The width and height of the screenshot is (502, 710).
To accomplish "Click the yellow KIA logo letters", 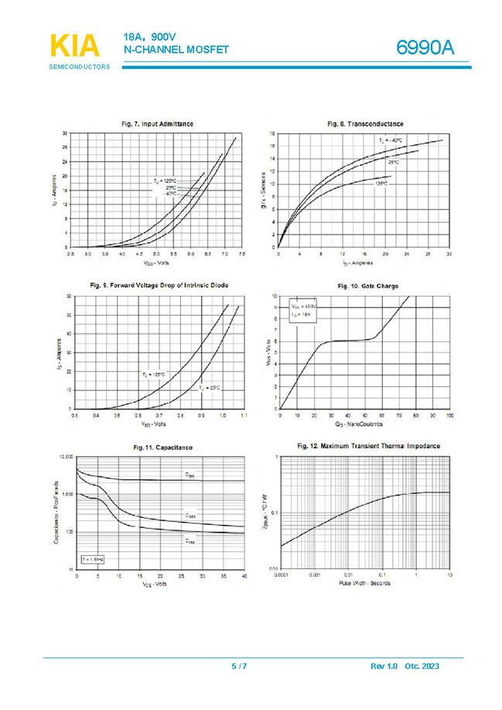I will coord(75,46).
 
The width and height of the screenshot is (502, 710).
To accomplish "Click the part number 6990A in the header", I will coord(425,48).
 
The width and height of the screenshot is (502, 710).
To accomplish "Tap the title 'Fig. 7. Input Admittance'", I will coord(158,124).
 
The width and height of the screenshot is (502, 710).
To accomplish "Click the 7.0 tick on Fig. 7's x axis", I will coord(224,254).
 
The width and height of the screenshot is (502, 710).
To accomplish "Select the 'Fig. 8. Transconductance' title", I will coord(365,124).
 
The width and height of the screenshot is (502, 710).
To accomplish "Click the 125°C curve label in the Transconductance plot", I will coord(381,184).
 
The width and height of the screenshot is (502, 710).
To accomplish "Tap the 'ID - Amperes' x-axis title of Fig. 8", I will coord(363,262).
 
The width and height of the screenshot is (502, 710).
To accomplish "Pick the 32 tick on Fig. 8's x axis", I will coord(449,254).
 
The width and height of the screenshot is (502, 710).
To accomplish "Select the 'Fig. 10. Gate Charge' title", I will coord(367,286).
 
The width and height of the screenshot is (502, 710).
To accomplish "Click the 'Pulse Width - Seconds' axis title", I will coord(364,584).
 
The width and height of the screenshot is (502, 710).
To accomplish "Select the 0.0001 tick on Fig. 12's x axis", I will coord(280,575).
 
